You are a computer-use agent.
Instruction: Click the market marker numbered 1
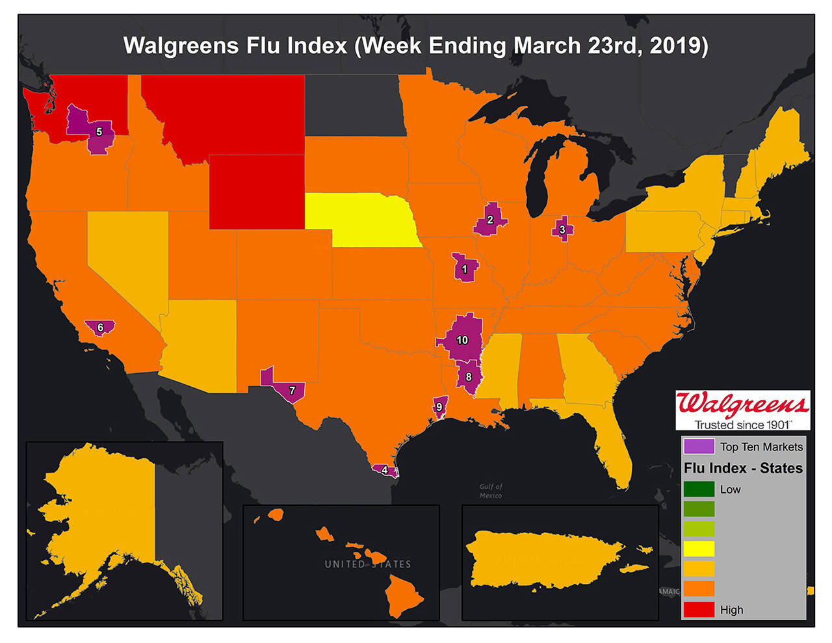pyautogui.click(x=465, y=269)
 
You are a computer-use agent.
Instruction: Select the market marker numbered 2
pyautogui.click(x=490, y=220)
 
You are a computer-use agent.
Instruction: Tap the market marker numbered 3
pyautogui.click(x=562, y=230)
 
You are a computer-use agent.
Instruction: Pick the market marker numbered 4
pyautogui.click(x=385, y=469)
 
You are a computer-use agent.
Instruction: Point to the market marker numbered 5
pyautogui.click(x=99, y=131)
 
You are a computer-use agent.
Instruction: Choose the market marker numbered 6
pyautogui.click(x=100, y=326)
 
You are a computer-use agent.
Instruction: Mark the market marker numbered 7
pyautogui.click(x=292, y=390)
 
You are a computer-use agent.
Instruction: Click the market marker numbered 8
pyautogui.click(x=469, y=377)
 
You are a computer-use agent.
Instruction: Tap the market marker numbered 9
pyautogui.click(x=439, y=407)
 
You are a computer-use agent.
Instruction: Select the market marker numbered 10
pyautogui.click(x=462, y=340)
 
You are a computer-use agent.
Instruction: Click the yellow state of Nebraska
pyautogui.click(x=364, y=218)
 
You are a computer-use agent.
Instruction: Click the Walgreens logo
pyautogui.click(x=743, y=410)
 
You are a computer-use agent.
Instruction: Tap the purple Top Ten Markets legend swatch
pyautogui.click(x=699, y=447)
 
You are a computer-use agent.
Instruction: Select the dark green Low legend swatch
pyautogui.click(x=699, y=489)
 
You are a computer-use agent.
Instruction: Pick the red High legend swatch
pyautogui.click(x=699, y=609)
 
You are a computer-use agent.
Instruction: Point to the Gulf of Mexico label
pyautogui.click(x=491, y=491)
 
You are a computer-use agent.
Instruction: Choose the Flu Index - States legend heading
pyautogui.click(x=743, y=468)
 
